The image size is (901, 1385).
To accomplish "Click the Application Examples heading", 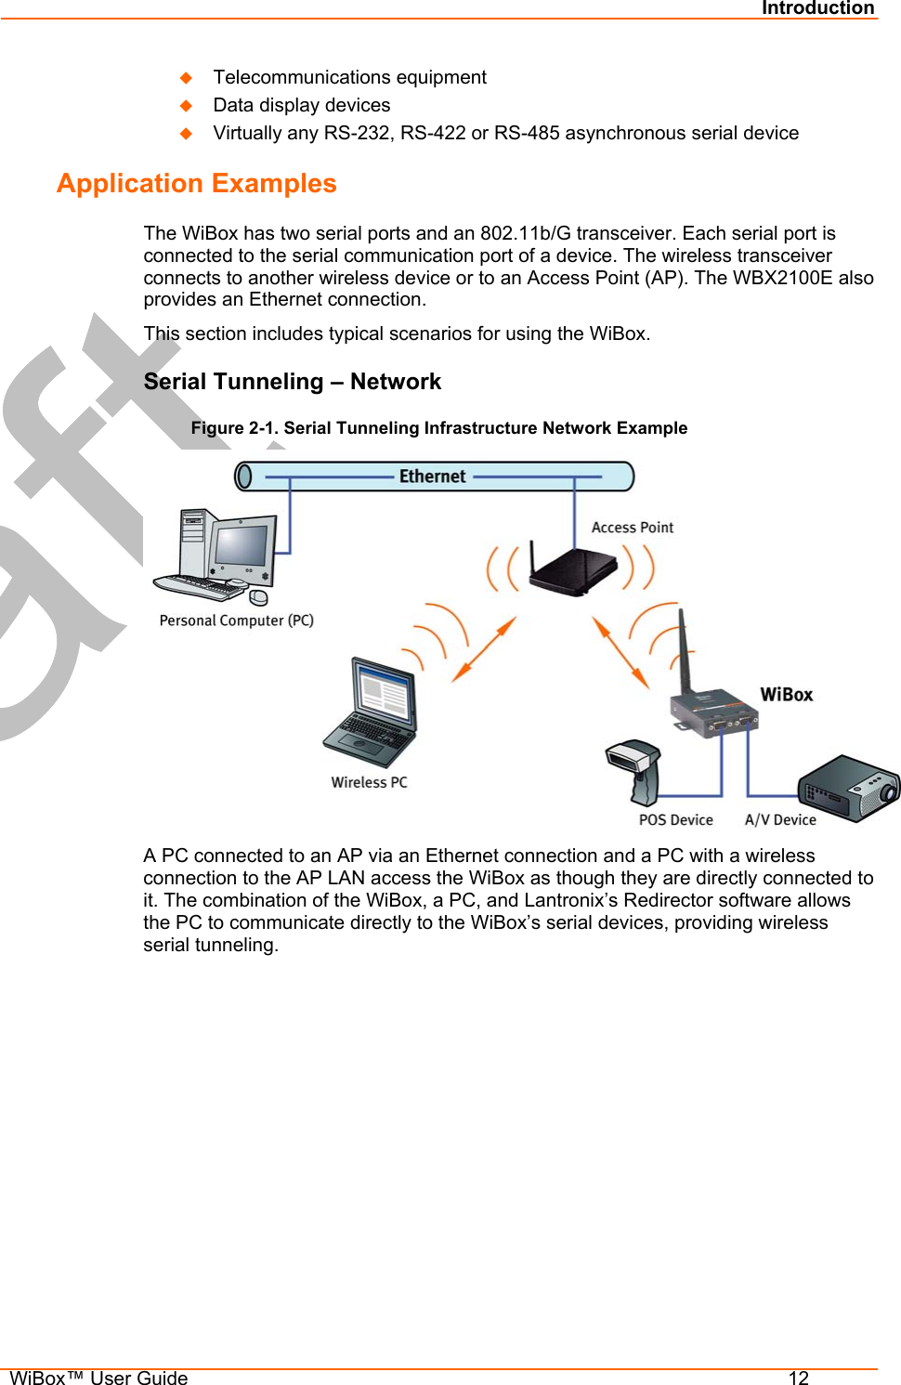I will [197, 184].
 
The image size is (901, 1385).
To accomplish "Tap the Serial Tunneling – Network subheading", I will [292, 382].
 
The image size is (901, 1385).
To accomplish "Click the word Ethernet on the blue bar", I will [432, 477].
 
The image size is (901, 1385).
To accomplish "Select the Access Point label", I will [632, 528].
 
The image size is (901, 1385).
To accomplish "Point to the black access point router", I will [574, 570].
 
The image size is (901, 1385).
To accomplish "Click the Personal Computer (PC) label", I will [236, 621].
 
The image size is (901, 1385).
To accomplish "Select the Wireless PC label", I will [369, 782].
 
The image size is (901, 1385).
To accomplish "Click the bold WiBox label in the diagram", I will [786, 695].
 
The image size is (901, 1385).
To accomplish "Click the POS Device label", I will [675, 820].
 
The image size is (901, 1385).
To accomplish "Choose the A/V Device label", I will [780, 820].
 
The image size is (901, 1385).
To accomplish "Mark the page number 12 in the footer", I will [798, 1378].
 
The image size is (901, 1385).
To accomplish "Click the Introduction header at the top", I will [817, 8].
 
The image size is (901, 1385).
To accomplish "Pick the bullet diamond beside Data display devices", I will [186, 105].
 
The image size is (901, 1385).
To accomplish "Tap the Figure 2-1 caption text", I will [438, 428].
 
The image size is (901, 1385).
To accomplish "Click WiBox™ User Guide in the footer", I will [98, 1378].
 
